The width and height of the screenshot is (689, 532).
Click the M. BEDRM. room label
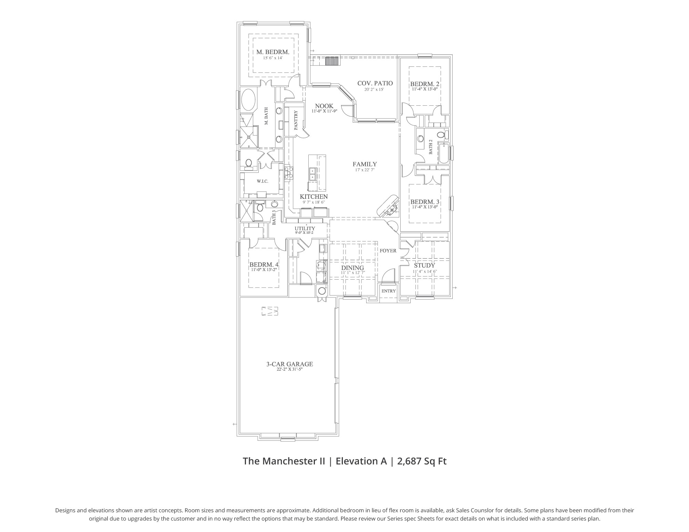point(272,52)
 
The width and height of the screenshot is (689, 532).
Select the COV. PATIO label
point(375,83)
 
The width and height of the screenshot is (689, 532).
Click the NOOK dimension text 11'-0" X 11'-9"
point(324,111)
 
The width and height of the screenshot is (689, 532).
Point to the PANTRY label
point(296,120)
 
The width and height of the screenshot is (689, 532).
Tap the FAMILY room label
point(364,164)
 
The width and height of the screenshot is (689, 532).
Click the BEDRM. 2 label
point(424,84)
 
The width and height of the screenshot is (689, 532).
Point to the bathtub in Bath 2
point(443,153)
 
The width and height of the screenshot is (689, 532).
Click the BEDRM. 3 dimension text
point(424,207)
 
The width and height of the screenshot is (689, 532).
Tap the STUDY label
point(424,265)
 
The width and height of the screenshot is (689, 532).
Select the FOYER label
point(388,251)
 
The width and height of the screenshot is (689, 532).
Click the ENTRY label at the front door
point(389,291)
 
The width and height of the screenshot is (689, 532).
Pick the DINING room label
point(352,268)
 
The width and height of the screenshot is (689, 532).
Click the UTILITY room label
point(305,228)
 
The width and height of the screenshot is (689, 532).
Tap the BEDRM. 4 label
point(264,264)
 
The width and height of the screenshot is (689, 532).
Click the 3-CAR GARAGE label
point(289,364)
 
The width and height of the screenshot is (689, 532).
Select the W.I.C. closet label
point(262,181)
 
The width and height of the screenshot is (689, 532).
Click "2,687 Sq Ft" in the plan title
point(422,461)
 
